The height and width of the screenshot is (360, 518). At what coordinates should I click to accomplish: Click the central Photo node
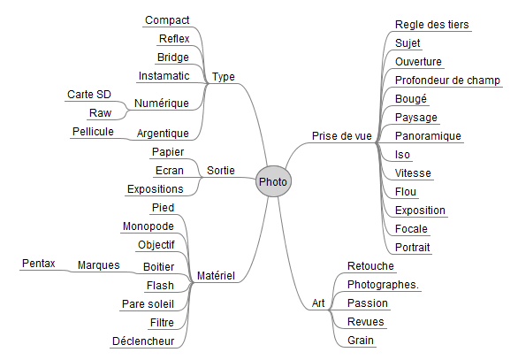pyautogui.click(x=273, y=181)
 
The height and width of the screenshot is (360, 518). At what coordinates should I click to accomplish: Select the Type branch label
pyautogui.click(x=224, y=77)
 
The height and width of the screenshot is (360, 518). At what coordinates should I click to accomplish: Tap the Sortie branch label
pyautogui.click(x=221, y=171)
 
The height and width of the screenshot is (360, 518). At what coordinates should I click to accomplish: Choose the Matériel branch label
pyautogui.click(x=216, y=276)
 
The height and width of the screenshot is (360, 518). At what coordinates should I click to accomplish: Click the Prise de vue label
pyautogui.click(x=341, y=136)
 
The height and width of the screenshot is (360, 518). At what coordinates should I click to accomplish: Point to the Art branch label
pyautogui.click(x=318, y=303)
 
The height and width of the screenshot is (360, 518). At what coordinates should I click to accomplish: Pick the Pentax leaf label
pyautogui.click(x=38, y=264)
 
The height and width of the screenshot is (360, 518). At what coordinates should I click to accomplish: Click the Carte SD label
pyautogui.click(x=89, y=95)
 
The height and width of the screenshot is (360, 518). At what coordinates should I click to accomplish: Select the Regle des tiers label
pyautogui.click(x=431, y=25)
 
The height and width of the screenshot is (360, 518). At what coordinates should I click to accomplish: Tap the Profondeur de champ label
pyautogui.click(x=447, y=80)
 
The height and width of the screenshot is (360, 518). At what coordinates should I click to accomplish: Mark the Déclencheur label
pyautogui.click(x=143, y=341)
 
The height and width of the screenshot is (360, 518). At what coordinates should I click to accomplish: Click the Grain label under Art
pyautogui.click(x=361, y=341)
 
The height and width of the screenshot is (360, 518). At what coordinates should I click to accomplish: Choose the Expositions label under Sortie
pyautogui.click(x=155, y=189)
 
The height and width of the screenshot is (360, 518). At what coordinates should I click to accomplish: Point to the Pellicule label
pyautogui.click(x=93, y=132)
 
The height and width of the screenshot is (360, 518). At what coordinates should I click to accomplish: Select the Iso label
pyautogui.click(x=402, y=155)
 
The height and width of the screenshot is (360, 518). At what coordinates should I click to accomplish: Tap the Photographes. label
pyautogui.click(x=383, y=285)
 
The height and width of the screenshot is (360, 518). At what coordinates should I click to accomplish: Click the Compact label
pyautogui.click(x=167, y=20)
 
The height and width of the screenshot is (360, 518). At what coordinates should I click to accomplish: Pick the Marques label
pyautogui.click(x=98, y=265)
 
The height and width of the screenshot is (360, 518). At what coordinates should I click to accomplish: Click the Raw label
pyautogui.click(x=100, y=113)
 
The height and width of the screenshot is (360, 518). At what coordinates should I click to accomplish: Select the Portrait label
pyautogui.click(x=412, y=248)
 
